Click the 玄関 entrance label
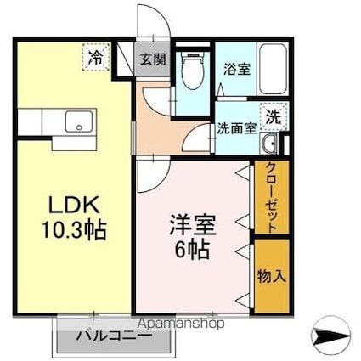[x=153, y=59]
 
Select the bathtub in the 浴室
[x=273, y=69]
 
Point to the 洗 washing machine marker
[x=274, y=117]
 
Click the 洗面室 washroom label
[x=237, y=129]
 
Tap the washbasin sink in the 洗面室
[x=268, y=144]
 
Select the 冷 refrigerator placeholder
[x=96, y=57]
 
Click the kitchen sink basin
[x=79, y=121]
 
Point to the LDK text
[x=74, y=205]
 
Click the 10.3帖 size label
[x=74, y=230]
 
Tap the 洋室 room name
[x=193, y=224]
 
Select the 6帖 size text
[x=192, y=250]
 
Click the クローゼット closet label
[x=272, y=197]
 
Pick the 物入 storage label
[x=271, y=276]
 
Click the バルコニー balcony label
[x=115, y=336]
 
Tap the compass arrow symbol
[x=330, y=336]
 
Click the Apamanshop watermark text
[x=183, y=324]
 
